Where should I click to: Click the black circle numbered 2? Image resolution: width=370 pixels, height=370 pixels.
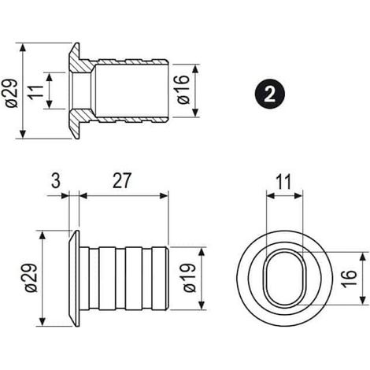pyautogui.click(x=270, y=94)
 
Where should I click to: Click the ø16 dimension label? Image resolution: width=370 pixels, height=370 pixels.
pyautogui.click(x=183, y=90)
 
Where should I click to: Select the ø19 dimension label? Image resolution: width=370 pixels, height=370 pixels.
pyautogui.click(x=190, y=278)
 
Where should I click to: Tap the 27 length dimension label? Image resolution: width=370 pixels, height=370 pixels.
pyautogui.click(x=121, y=181)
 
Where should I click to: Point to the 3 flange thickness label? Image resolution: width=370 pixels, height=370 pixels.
pyautogui.click(x=55, y=181)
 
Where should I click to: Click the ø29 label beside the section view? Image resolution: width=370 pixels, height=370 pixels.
pyautogui.click(x=12, y=93)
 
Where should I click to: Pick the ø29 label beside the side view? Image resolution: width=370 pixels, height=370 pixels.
pyautogui.click(x=31, y=278)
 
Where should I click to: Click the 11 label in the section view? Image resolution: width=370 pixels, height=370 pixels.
pyautogui.click(x=35, y=91)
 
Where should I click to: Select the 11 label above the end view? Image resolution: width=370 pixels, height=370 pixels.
pyautogui.click(x=284, y=182)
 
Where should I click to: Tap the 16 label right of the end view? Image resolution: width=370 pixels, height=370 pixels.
pyautogui.click(x=350, y=279)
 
